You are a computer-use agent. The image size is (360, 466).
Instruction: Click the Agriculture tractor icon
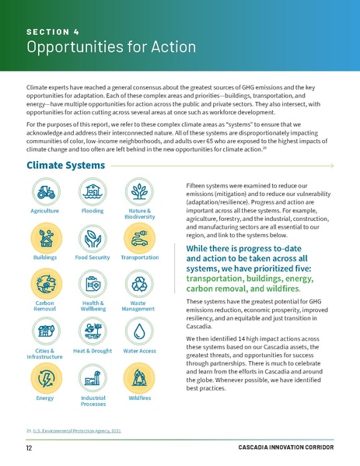point(45,191)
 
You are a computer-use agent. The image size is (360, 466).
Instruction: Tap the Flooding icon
point(93,191)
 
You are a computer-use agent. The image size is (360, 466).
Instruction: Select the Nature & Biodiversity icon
point(140,191)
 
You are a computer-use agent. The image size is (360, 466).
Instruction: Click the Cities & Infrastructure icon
point(45,331)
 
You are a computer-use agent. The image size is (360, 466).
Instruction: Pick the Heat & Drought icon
point(93,331)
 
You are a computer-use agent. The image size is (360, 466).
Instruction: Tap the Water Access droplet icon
point(140,331)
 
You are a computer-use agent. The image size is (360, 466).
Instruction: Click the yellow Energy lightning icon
point(45,378)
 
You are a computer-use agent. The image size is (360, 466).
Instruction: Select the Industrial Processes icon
point(93,378)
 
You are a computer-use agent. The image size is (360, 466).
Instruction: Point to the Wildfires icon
point(140,378)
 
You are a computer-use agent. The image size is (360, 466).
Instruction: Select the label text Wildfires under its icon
point(140,398)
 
